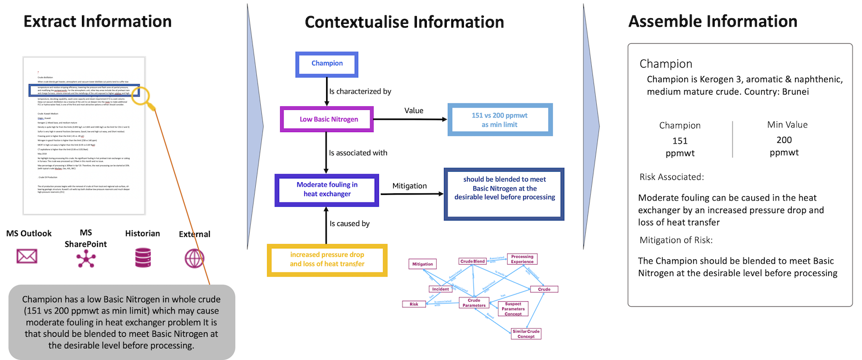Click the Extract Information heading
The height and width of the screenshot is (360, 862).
click(x=97, y=21)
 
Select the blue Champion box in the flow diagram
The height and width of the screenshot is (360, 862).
click(x=327, y=64)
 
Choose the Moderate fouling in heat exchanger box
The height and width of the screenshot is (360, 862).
click(x=327, y=189)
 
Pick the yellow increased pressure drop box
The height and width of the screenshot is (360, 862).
click(x=327, y=259)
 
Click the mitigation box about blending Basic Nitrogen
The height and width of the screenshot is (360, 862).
click(x=504, y=189)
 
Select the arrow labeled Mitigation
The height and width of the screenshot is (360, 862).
click(x=411, y=194)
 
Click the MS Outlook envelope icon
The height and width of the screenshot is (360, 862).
click(x=27, y=256)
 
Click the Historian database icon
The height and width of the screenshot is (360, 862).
click(x=142, y=258)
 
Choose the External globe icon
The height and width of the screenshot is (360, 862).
click(x=194, y=258)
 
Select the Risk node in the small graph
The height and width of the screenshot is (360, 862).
click(x=414, y=304)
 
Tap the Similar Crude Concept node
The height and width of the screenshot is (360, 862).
click(x=525, y=333)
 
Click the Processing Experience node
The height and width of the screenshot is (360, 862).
click(x=522, y=259)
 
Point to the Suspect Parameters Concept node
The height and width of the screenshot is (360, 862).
click(x=513, y=309)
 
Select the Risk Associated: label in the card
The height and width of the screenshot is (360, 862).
click(x=671, y=177)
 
